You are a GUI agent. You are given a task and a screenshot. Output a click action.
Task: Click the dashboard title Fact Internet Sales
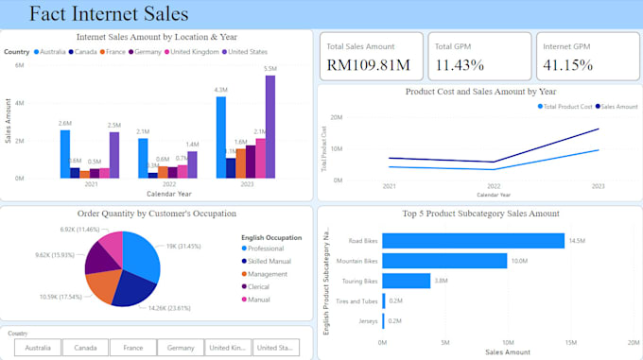pyautogui.click(x=108, y=14)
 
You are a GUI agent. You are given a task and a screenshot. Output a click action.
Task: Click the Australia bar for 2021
pyautogui.click(x=65, y=153)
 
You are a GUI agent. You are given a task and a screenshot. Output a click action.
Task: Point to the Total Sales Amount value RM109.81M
pyautogui.click(x=368, y=65)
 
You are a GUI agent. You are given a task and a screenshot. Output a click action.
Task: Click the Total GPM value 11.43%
pyautogui.click(x=460, y=65)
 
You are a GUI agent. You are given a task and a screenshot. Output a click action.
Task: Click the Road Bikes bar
pyautogui.click(x=472, y=241)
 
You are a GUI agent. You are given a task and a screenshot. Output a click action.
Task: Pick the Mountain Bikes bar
pyautogui.click(x=443, y=261)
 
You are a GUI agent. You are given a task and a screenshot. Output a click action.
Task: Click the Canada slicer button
pyautogui.click(x=86, y=348)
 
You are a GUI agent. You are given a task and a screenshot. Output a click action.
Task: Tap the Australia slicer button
pyautogui.click(x=38, y=348)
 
